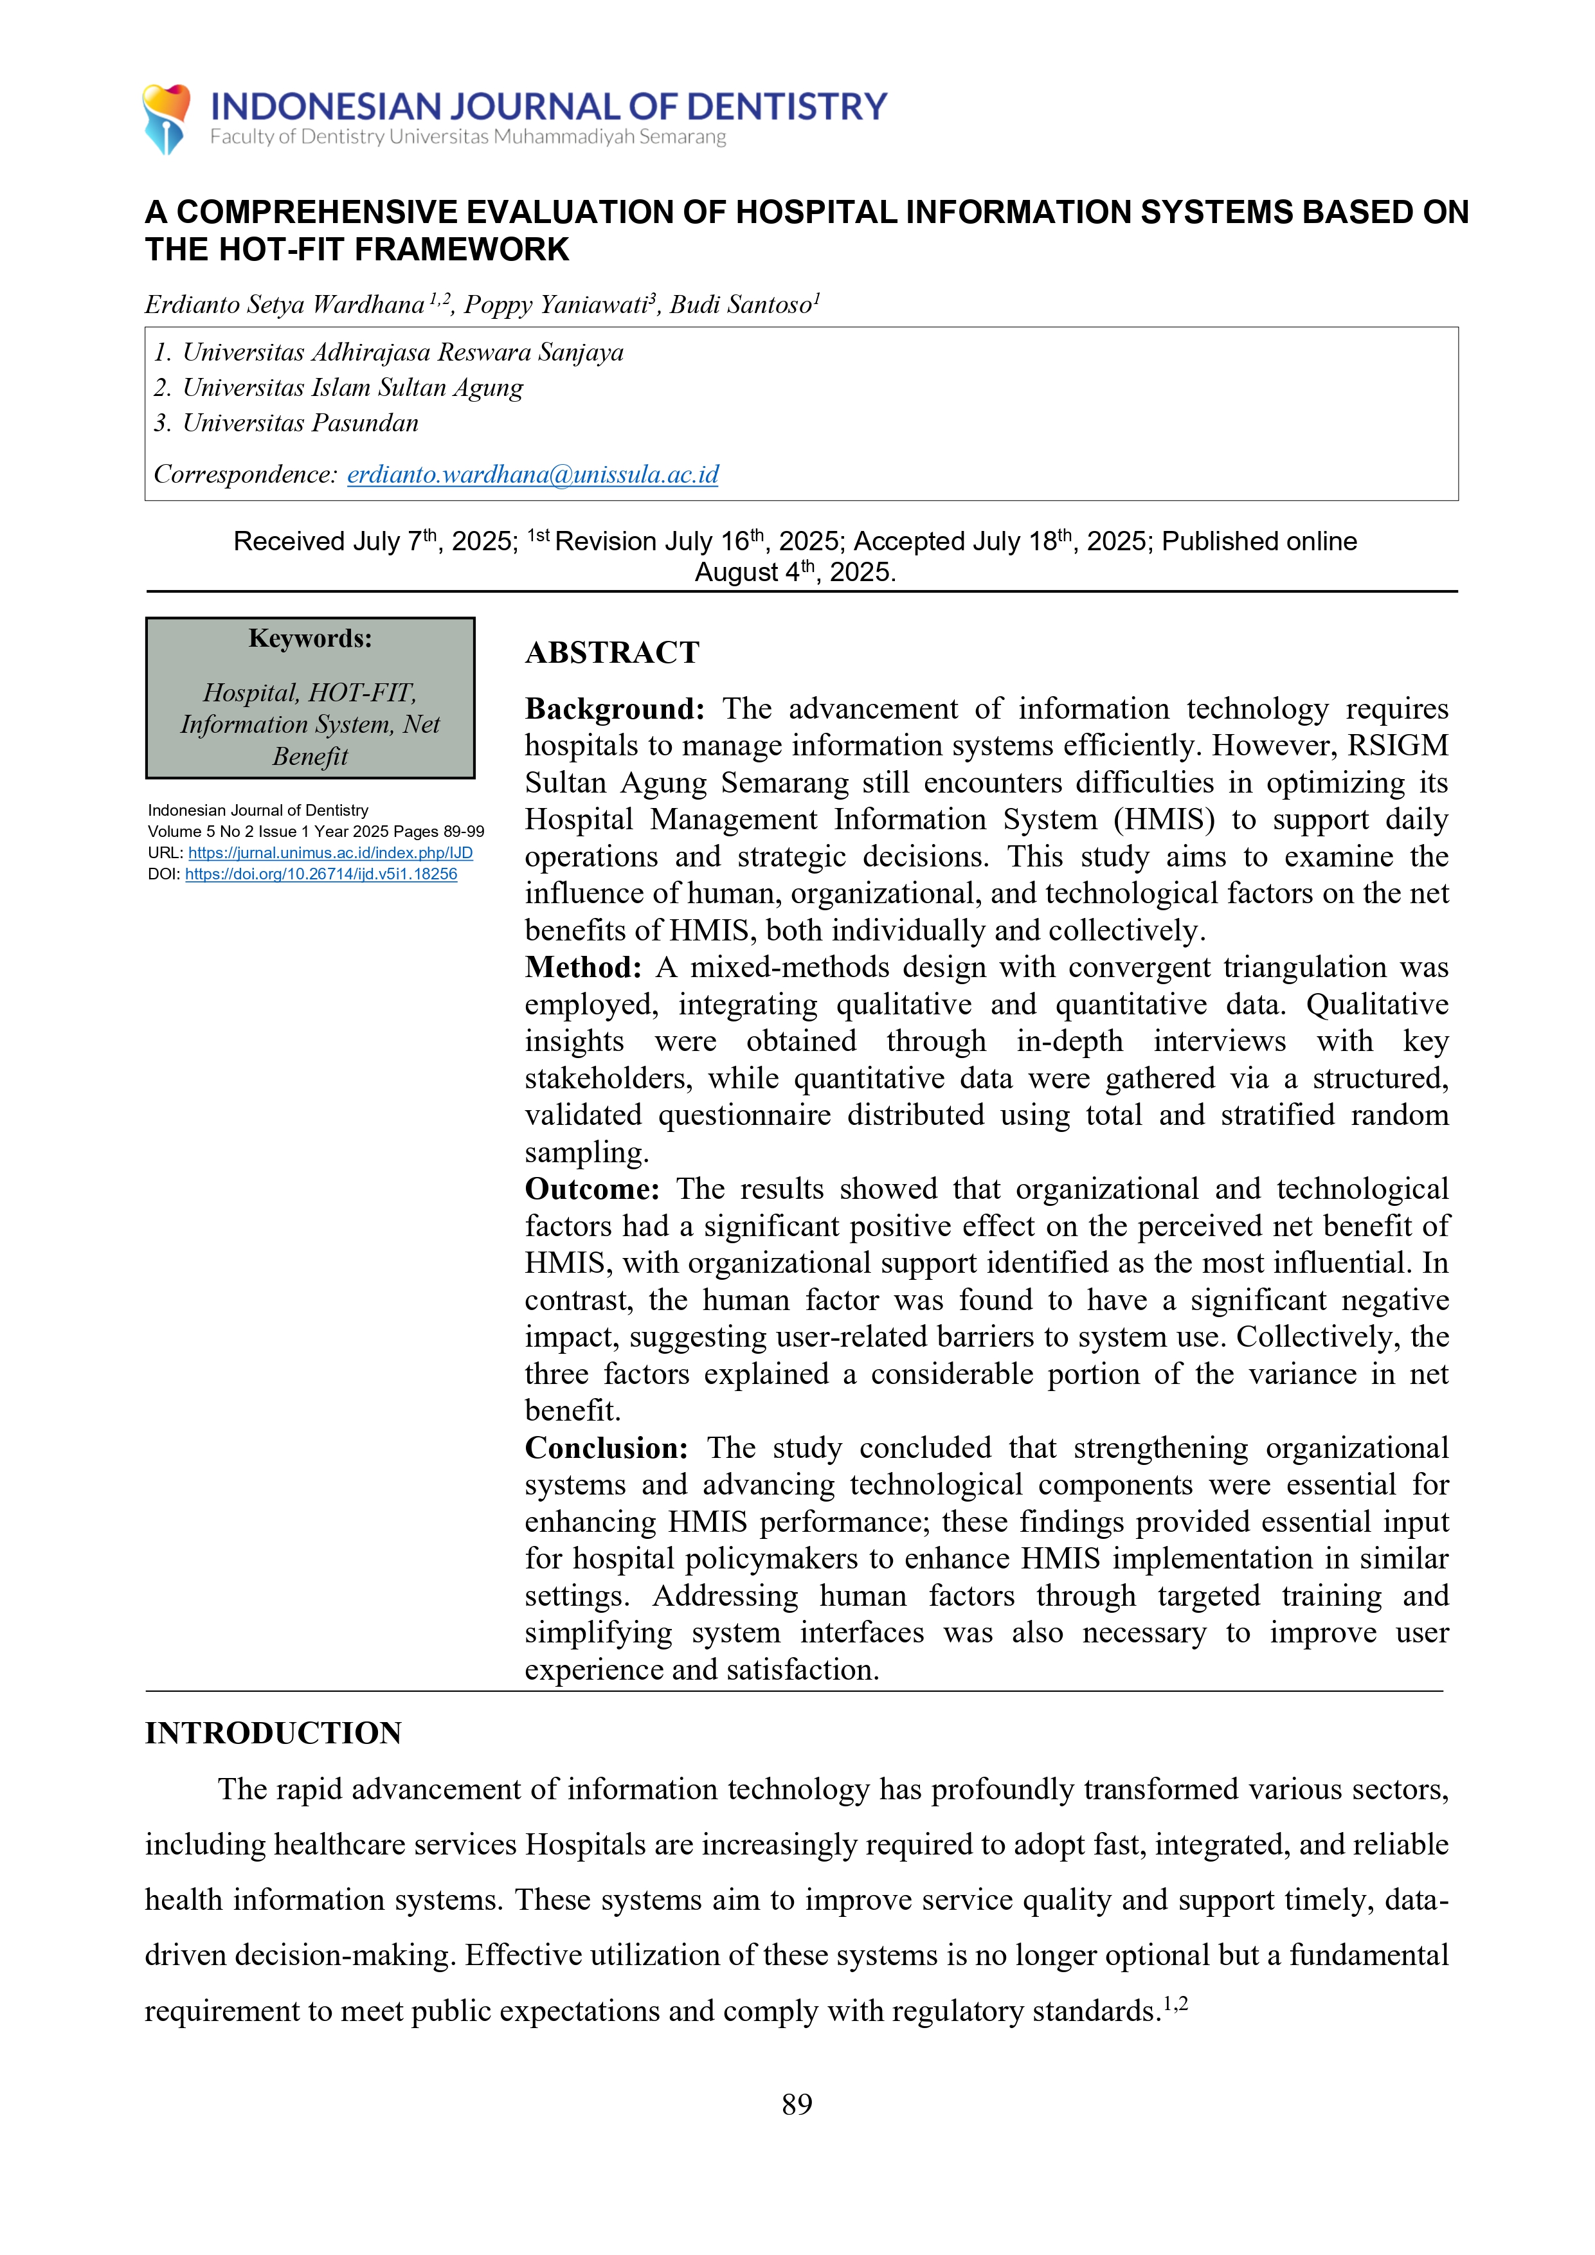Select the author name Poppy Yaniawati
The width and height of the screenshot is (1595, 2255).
(554, 305)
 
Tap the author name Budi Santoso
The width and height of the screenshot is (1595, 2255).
(741, 305)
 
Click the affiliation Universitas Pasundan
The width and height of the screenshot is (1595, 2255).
(300, 424)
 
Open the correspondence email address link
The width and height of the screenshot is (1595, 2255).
(532, 474)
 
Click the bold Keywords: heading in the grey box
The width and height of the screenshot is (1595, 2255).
(311, 638)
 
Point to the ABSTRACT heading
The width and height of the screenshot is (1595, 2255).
(612, 652)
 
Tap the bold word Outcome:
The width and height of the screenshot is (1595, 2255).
(591, 1189)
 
